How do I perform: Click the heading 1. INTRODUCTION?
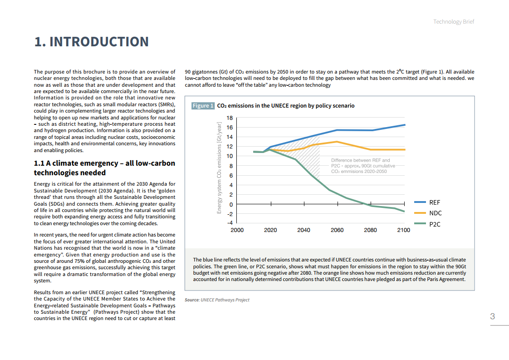[x=92, y=42]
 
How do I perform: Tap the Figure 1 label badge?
[x=202, y=106]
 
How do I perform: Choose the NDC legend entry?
[x=435, y=213]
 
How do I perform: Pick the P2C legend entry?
[x=435, y=224]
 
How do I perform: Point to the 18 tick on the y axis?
[x=230, y=118]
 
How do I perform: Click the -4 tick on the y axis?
[x=230, y=223]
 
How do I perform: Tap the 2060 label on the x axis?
[x=337, y=230]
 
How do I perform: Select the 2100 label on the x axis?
[x=403, y=230]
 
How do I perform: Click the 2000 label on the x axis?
[x=237, y=230]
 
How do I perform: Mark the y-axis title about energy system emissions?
[x=219, y=168]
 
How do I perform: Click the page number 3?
[x=492, y=316]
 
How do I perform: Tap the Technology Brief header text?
[x=453, y=22]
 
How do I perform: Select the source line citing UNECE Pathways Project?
[x=217, y=300]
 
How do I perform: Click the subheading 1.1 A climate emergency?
[x=104, y=168]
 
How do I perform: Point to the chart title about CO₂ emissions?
[x=286, y=106]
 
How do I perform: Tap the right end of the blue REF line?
[x=405, y=124]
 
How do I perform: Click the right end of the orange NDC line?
[x=405, y=149]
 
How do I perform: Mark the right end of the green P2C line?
[x=404, y=212]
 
